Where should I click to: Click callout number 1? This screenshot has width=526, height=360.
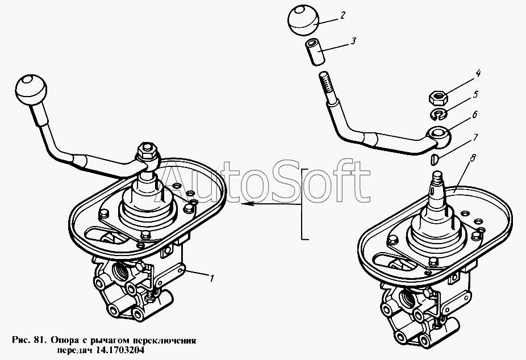point(211,278)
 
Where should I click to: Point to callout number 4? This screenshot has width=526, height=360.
point(478,73)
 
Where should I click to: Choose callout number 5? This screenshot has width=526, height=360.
point(476,94)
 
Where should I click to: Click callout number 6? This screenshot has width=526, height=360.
point(474,115)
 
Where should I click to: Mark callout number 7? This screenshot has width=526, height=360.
point(475,137)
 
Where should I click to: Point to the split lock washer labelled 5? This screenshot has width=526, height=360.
point(437,116)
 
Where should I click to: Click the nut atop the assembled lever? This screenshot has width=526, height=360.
point(145,152)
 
